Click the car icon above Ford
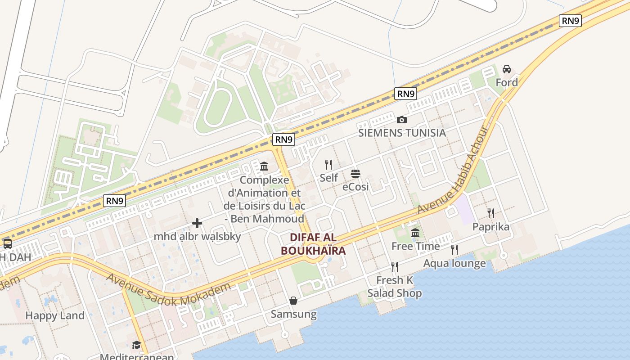pos(507,69)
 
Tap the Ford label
pos(507,82)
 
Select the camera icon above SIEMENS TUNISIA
pos(402,120)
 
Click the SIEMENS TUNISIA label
pos(402,133)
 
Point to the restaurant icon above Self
pos(328,165)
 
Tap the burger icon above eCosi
pos(355,173)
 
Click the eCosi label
pos(355,186)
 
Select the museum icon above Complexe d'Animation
pos(264,167)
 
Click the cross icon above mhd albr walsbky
pos(197,223)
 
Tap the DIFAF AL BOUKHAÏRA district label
pos(313,244)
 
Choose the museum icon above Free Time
pos(415,233)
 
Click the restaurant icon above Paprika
pos(491,213)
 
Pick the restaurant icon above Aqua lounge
pos(454,250)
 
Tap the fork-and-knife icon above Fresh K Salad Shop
pos(395,267)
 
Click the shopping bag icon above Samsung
pos(293,301)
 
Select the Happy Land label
pos(55,315)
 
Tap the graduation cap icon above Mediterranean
pos(136,345)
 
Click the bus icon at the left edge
pos(8,244)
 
